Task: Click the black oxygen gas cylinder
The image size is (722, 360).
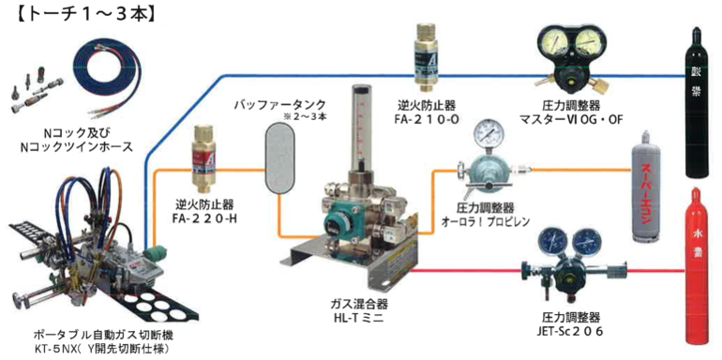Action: [x=697, y=102]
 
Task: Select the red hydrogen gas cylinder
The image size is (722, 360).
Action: [x=699, y=272]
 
